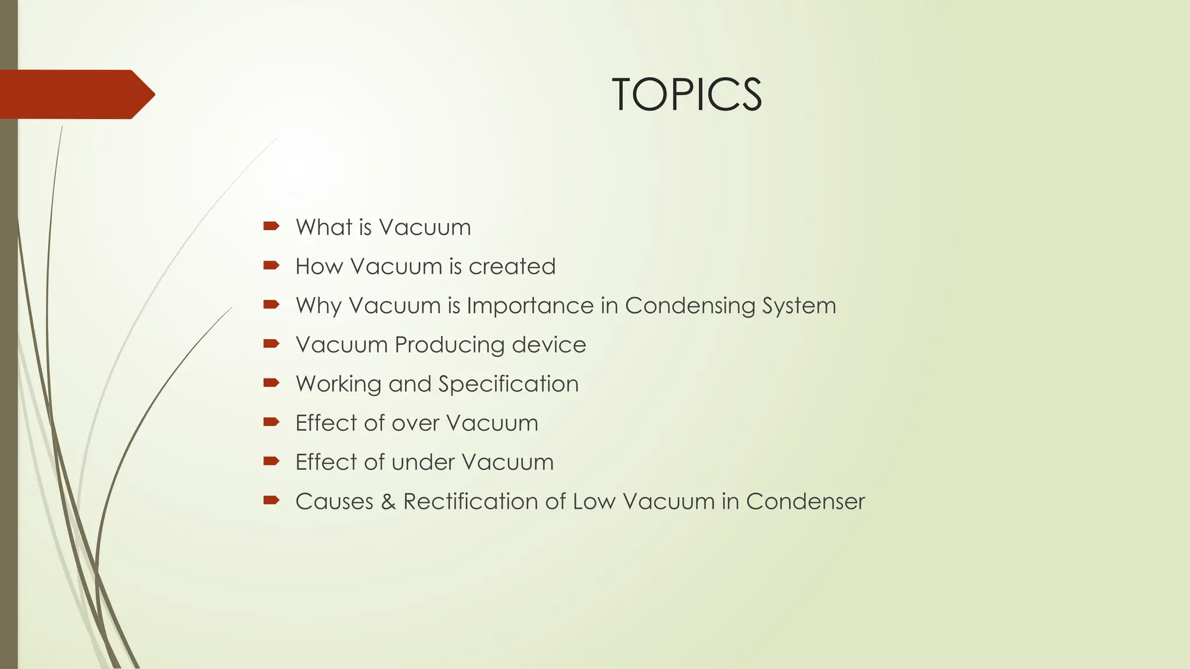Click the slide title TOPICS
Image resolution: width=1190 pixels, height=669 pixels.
[x=687, y=95]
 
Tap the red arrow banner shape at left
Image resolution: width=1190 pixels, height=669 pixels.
[x=73, y=94]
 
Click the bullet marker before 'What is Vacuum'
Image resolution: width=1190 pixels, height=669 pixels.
[x=271, y=226]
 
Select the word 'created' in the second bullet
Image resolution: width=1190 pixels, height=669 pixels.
[x=512, y=267]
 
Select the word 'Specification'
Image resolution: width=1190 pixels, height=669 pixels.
[x=508, y=384]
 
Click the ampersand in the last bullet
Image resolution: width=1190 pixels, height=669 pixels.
[x=388, y=502]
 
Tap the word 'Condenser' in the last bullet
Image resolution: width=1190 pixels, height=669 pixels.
[x=805, y=502]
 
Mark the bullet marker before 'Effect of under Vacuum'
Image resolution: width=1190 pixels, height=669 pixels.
[x=271, y=462]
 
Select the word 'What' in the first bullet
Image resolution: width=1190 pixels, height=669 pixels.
[x=323, y=227]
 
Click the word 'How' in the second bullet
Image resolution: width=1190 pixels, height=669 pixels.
[x=319, y=267]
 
